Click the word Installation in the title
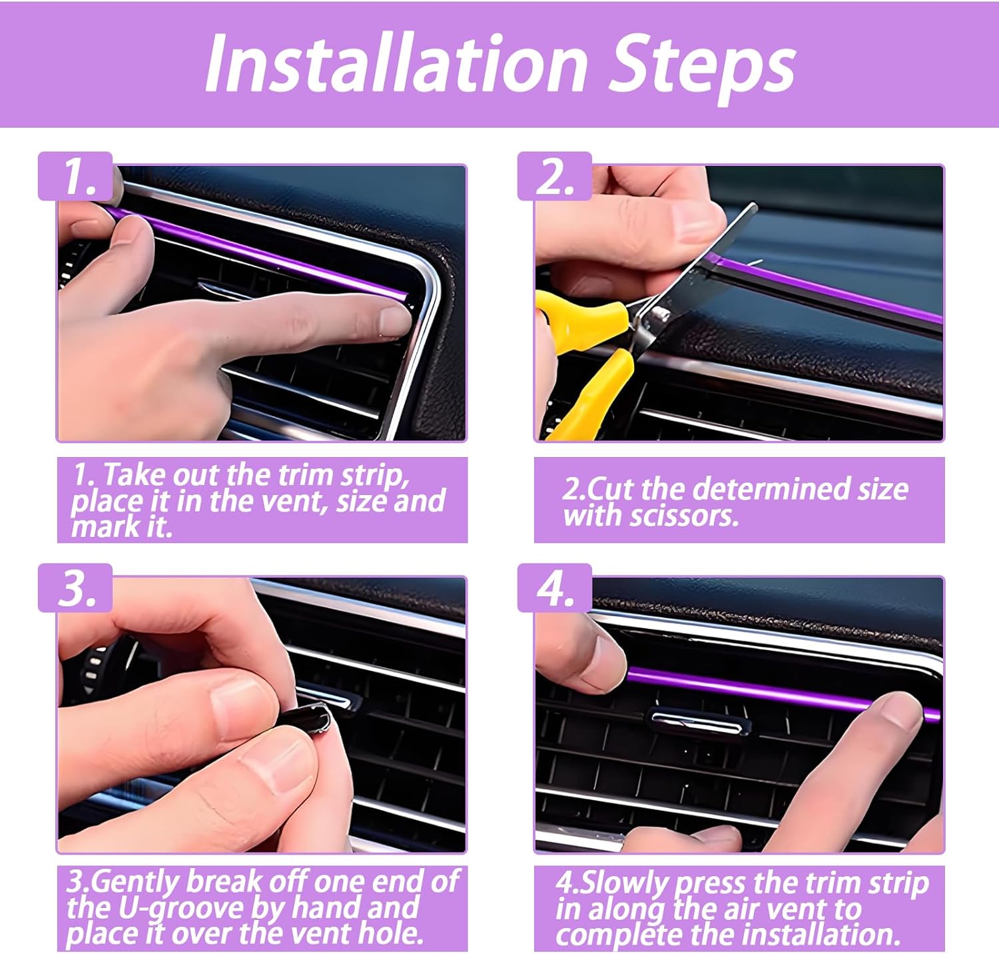pyautogui.click(x=396, y=64)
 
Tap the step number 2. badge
pyautogui.click(x=555, y=177)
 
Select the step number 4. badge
pyautogui.click(x=555, y=588)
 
